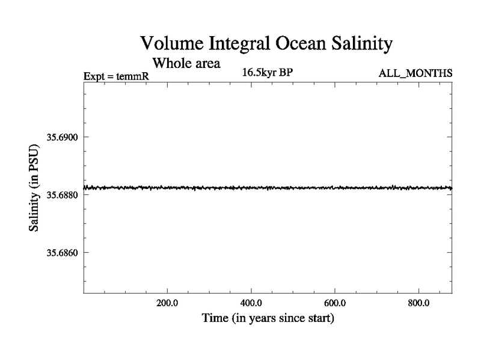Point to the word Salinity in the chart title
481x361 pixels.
(x=362, y=43)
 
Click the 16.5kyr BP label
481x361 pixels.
(x=268, y=73)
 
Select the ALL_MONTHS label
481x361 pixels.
(x=415, y=73)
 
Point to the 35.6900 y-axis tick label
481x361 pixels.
(x=63, y=137)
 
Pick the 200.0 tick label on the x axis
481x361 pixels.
(x=167, y=303)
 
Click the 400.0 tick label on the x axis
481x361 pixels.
(x=251, y=303)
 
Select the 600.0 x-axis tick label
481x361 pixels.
(x=334, y=303)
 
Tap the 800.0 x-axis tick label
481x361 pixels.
(x=418, y=303)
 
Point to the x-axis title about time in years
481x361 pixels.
(x=267, y=318)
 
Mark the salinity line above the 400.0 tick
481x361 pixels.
(x=251, y=188)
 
